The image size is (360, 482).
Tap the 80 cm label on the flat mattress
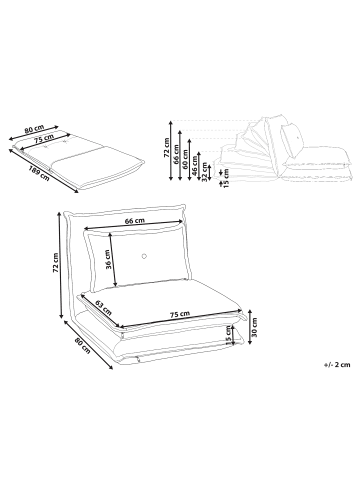(x=34, y=129)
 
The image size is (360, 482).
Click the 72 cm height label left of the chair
(x=56, y=263)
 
